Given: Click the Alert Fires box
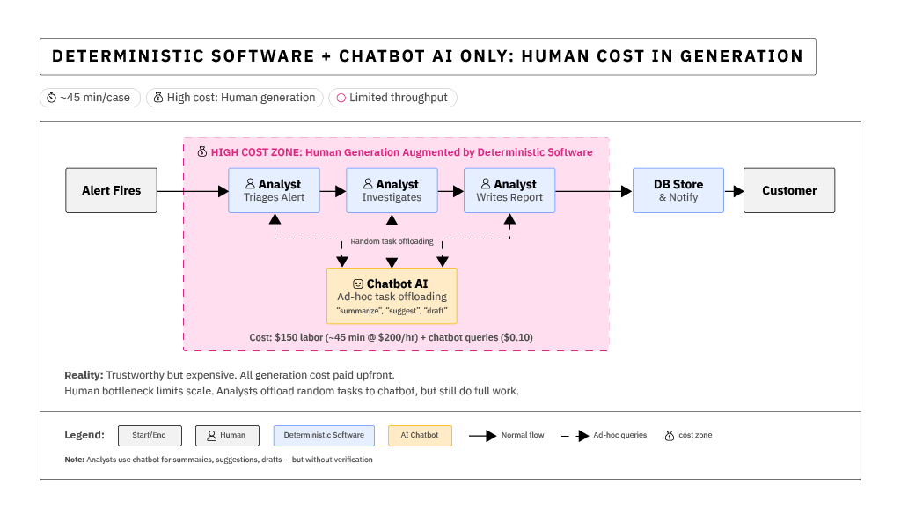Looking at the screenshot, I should coord(111,190).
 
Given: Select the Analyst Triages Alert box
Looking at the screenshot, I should coord(274,190).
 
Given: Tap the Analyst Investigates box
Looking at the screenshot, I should coord(392,190).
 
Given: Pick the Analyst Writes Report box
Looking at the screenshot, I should coord(509,190).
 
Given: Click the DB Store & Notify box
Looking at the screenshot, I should coord(678,190).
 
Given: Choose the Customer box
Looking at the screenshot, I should coord(788,190).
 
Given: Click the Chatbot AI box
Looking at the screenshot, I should coord(392,296).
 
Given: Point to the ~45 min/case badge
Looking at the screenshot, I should coord(90,98).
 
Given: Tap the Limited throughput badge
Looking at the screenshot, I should coord(392,98).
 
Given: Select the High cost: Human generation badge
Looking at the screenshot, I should coord(234,98).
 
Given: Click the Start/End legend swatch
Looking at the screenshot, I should coord(150,435).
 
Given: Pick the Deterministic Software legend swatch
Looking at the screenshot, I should coord(324,435).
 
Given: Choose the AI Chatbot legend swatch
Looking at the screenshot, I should coord(420,435).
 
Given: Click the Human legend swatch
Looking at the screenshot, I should coord(227,435).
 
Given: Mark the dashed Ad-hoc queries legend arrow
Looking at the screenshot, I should coord(575,435).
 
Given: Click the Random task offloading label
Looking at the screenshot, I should coord(392,241).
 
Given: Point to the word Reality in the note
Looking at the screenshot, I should coord(83,375).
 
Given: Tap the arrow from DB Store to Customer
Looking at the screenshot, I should coord(733,190).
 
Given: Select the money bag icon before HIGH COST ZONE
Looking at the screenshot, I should coord(201,152).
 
